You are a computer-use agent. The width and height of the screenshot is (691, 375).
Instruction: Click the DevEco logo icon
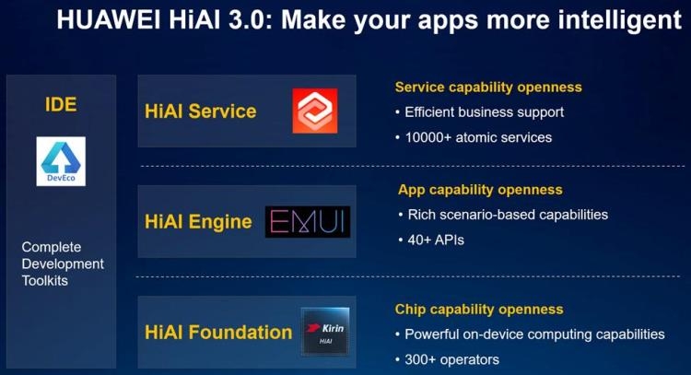[61, 161]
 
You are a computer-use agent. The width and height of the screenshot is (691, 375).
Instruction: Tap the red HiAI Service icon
[315, 111]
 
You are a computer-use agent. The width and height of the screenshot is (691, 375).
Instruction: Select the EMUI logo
[308, 222]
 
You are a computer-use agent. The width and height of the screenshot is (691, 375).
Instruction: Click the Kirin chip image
[325, 332]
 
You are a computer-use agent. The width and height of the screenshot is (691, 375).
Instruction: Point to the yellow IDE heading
[61, 104]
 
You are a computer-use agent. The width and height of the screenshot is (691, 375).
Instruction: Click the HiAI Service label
[201, 111]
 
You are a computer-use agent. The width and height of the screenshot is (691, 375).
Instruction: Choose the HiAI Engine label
[198, 222]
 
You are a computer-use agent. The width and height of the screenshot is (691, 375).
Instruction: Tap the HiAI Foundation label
[218, 333]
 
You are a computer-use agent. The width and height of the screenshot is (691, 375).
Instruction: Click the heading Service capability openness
[488, 88]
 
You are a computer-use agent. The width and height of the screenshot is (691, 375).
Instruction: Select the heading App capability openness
[480, 190]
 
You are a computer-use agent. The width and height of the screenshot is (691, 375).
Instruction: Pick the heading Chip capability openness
[479, 310]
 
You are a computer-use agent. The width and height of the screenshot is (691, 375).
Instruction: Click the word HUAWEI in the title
[109, 20]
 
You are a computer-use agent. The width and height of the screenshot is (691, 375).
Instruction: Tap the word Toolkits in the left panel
[45, 281]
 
